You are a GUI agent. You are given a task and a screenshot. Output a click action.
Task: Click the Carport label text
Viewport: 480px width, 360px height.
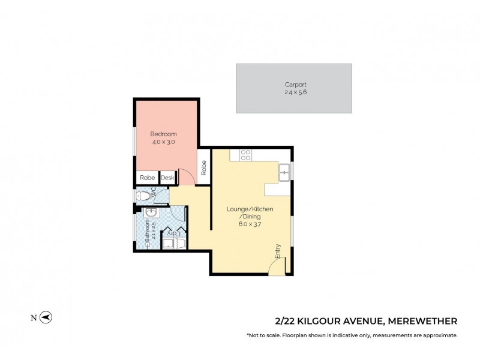(x=294, y=85)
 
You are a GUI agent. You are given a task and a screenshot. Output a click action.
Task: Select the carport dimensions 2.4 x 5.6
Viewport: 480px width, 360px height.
(x=294, y=92)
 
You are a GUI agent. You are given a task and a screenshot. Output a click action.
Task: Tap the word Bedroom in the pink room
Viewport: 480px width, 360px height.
(x=163, y=134)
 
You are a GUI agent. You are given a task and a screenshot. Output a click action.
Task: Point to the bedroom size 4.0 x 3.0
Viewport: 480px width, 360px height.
(x=163, y=142)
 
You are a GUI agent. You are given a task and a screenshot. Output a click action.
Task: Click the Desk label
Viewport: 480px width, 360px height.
(x=167, y=178)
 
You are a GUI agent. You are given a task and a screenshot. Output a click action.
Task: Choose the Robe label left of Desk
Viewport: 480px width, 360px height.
(x=147, y=178)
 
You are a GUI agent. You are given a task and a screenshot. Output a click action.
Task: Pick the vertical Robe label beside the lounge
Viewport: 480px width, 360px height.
(x=204, y=167)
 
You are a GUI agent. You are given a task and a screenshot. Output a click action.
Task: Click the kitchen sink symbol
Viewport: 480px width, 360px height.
(x=284, y=174)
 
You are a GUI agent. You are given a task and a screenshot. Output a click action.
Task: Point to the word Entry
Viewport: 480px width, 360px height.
(x=278, y=251)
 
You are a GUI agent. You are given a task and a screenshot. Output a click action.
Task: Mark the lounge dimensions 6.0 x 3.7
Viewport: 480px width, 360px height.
(x=250, y=224)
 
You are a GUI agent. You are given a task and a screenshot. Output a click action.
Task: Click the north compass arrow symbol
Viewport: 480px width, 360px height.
(x=46, y=317)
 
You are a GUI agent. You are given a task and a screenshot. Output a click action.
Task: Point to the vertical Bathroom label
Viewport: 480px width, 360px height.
(x=147, y=235)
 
